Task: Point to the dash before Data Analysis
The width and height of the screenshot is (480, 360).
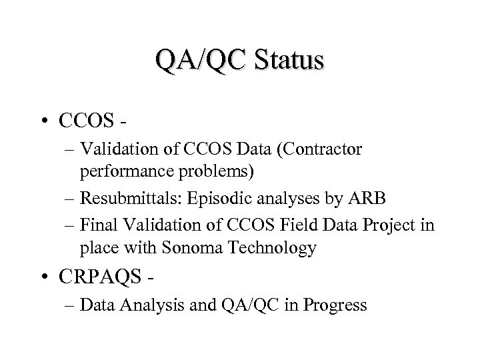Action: coord(69,306)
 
